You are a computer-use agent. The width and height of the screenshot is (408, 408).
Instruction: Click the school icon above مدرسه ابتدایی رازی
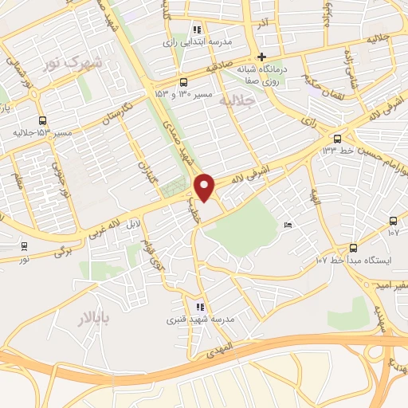click(197, 28)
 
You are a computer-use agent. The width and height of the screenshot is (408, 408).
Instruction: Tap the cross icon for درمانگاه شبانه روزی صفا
click(261, 56)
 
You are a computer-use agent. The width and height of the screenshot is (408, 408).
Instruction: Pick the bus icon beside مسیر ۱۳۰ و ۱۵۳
click(184, 82)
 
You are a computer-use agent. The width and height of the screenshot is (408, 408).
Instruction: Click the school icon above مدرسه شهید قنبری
click(199, 306)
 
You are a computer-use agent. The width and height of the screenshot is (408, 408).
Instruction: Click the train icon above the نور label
click(23, 246)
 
